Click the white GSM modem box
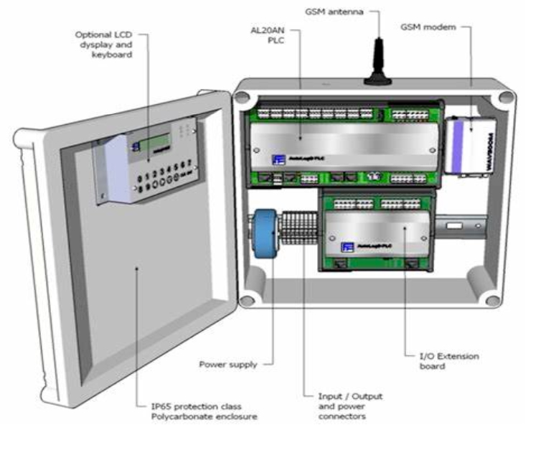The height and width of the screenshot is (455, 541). point(469,144)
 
